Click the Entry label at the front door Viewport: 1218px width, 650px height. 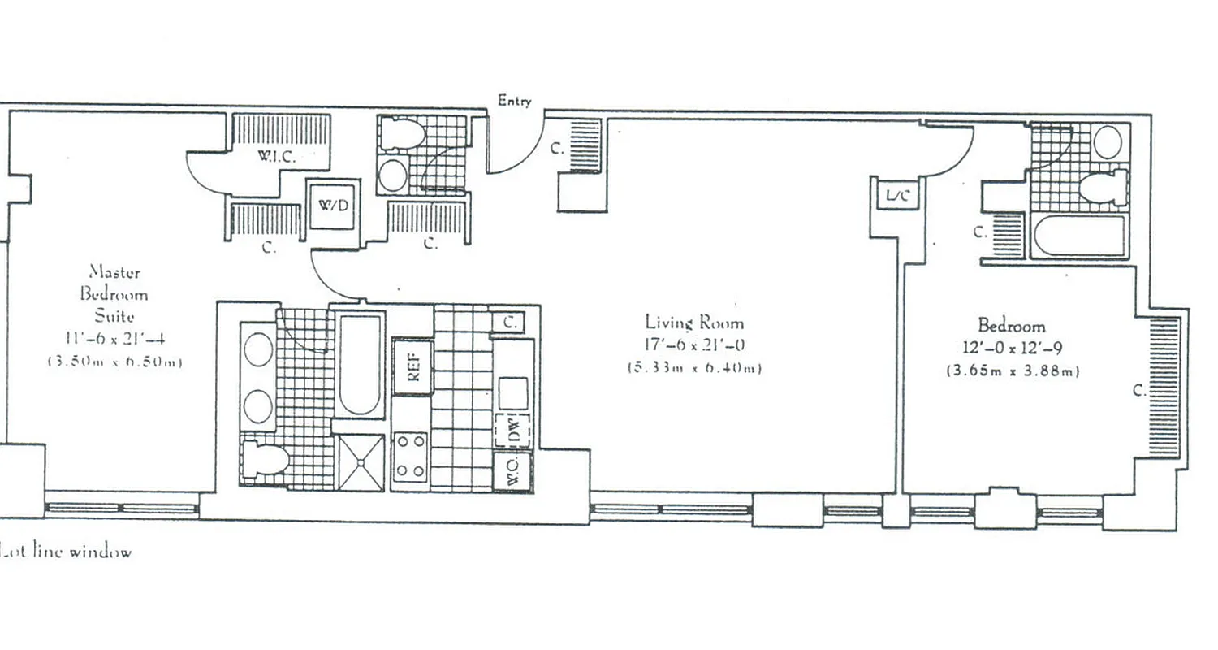[514, 102]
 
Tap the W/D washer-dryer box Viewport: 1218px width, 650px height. [333, 205]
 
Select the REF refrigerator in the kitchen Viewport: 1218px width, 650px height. [412, 366]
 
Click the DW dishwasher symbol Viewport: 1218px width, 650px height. [513, 430]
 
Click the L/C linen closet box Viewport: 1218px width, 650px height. [896, 196]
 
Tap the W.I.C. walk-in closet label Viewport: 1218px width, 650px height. [277, 157]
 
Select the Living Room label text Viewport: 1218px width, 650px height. [693, 323]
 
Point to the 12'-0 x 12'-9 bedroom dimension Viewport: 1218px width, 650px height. [1011, 348]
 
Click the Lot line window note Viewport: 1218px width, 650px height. [66, 552]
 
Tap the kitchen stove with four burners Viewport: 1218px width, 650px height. [411, 457]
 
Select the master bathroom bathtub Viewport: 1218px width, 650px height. [360, 365]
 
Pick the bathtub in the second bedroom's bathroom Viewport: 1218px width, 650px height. [1079, 236]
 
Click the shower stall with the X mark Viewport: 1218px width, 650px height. [361, 462]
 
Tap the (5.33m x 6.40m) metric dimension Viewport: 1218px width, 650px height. [693, 368]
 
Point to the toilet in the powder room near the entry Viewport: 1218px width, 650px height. [403, 134]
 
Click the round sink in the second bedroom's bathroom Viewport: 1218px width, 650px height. [1108, 142]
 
